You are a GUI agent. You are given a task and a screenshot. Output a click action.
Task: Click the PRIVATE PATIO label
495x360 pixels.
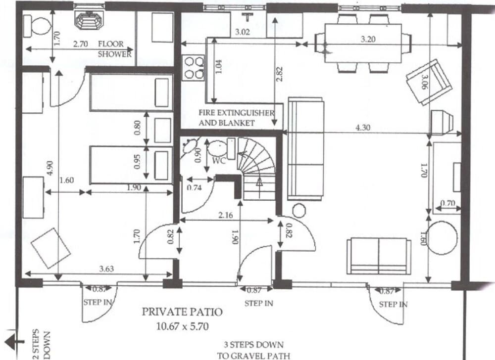click(x=182, y=312)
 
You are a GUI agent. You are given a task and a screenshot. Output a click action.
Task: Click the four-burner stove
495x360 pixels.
click(x=194, y=68)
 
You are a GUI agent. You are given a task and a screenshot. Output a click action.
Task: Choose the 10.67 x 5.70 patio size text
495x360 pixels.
click(x=182, y=326)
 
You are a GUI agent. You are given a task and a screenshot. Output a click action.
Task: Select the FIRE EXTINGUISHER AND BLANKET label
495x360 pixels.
click(x=236, y=118)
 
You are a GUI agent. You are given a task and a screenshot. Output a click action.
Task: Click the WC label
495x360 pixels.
click(x=219, y=161)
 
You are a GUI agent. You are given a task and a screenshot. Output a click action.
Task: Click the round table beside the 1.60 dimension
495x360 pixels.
click(x=442, y=238)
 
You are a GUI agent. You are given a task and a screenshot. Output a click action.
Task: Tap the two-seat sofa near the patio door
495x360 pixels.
click(x=379, y=256)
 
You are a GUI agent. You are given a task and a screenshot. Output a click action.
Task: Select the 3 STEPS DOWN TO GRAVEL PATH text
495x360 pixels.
click(x=253, y=350)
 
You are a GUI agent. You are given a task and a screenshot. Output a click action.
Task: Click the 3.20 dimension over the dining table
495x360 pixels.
click(x=368, y=38)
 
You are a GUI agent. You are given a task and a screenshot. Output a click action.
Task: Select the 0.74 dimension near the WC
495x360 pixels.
click(x=194, y=187)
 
